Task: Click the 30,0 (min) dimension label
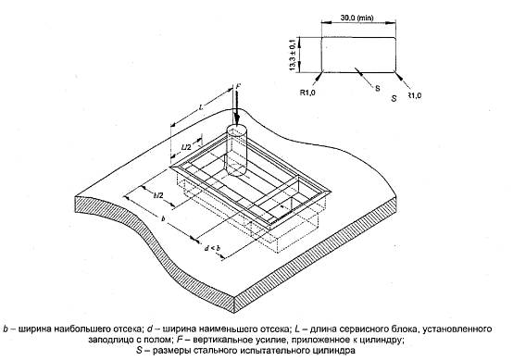357,18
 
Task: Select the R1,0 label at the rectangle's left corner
307,93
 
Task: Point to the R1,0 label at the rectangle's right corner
415,96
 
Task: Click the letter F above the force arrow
238,86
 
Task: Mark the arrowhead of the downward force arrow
236,120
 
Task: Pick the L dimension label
201,106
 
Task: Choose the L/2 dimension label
186,147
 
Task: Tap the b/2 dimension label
158,195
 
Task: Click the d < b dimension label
212,248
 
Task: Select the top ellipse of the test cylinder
236,130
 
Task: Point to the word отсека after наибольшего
127,329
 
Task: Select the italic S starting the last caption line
140,351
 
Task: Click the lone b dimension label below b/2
163,218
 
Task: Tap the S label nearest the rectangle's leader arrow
378,88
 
